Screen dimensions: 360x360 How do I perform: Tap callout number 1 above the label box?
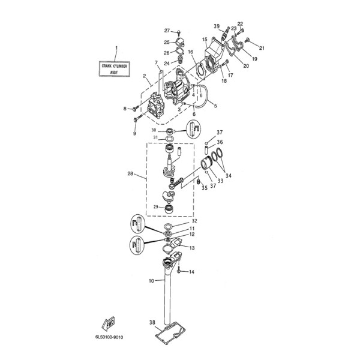116,47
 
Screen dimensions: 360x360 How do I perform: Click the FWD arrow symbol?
110,325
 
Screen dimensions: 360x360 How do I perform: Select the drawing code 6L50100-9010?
109,337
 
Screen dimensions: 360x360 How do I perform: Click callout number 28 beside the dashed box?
130,175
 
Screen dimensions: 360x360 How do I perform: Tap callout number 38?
152,322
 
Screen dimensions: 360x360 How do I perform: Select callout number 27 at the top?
167,30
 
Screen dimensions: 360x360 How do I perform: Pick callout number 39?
217,26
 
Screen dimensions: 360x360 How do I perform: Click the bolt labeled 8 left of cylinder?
134,109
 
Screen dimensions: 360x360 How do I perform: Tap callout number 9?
134,133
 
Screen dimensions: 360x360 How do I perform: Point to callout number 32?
193,221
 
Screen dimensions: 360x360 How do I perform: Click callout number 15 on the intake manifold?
205,40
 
